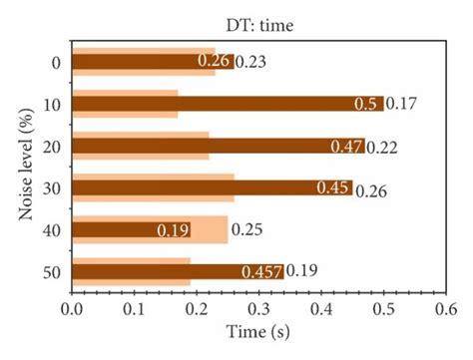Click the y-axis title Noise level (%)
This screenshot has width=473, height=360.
pos(15,165)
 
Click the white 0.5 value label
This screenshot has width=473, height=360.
pos(367,104)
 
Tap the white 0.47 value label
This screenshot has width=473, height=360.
pos(348,147)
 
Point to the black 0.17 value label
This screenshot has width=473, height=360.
pos(401,104)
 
